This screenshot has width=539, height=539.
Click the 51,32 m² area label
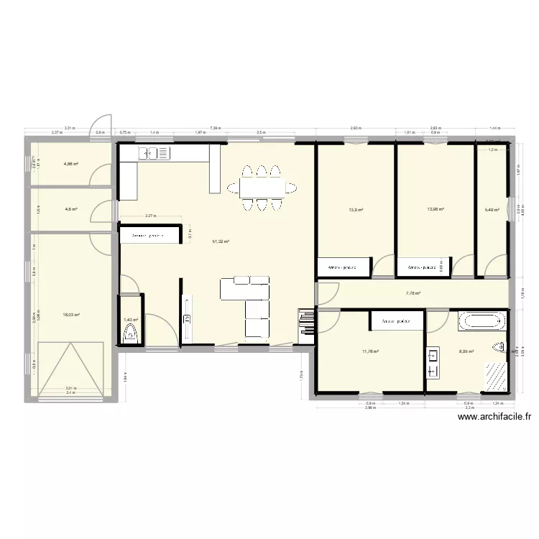pyautogui.click(x=221, y=242)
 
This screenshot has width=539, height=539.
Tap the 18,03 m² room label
pyautogui.click(x=71, y=314)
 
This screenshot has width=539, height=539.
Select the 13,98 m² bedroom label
pyautogui.click(x=436, y=210)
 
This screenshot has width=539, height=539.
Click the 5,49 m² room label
pyautogui.click(x=492, y=211)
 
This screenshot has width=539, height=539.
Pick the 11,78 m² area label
pyautogui.click(x=370, y=351)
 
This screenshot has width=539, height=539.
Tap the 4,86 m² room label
pyautogui.click(x=70, y=164)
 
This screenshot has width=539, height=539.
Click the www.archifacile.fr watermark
pyautogui.click(x=493, y=416)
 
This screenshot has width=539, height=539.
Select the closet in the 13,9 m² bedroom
pyautogui.click(x=343, y=267)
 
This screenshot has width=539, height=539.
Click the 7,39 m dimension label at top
pyautogui.click(x=215, y=129)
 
